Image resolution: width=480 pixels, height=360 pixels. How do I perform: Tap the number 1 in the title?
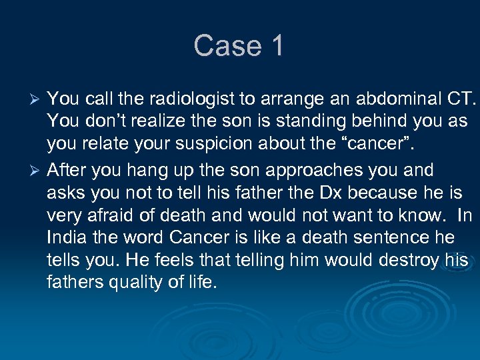[x=276, y=46]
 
